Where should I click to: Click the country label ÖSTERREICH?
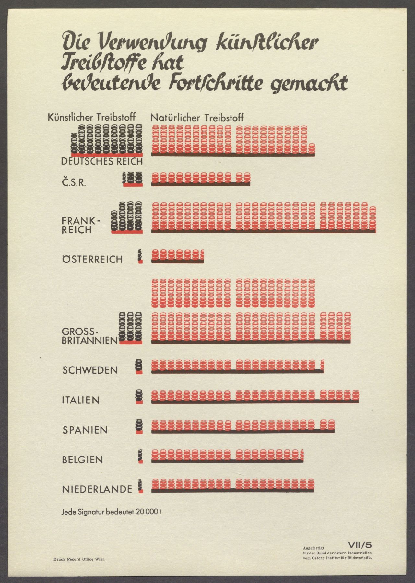(92, 259)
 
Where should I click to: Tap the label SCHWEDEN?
(90, 370)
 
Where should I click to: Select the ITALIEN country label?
(81, 400)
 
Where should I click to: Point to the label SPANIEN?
(85, 430)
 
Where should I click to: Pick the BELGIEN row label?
(82, 460)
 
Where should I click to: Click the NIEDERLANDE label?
(97, 489)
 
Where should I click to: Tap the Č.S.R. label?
(74, 182)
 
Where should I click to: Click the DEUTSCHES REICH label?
(102, 161)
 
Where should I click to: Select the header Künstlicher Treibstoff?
(91, 117)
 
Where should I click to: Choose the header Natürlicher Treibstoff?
(197, 117)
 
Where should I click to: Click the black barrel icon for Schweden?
(139, 366)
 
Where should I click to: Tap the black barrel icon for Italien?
(139, 395)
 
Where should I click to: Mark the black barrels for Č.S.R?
(132, 178)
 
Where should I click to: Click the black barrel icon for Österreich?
(140, 255)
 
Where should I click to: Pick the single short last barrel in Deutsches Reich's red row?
(312, 148)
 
